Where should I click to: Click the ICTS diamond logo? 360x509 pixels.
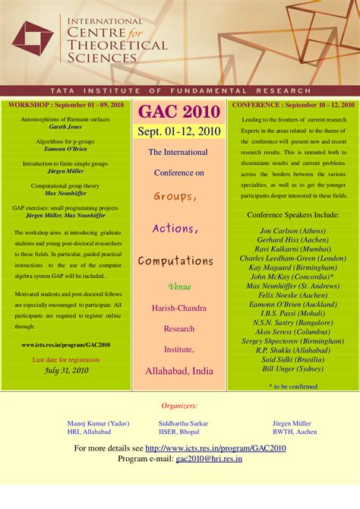coord(33,39)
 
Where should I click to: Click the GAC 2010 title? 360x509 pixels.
coord(180,112)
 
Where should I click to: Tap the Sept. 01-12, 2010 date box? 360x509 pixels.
coord(180,131)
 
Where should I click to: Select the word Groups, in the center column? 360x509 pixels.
coord(175,197)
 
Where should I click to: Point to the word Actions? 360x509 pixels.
coord(175,229)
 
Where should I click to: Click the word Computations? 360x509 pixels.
coord(175,261)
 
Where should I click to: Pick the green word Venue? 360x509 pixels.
coord(179,287)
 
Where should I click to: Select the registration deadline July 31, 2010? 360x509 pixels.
coord(66,371)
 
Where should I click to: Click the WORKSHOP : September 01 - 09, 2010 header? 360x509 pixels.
coord(66,105)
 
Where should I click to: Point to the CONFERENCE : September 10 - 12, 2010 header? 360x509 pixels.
coord(293,105)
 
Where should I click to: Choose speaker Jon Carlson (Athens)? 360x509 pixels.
coord(292,230)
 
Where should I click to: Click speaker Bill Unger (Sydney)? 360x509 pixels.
coord(292,368)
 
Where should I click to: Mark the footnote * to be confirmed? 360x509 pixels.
coord(293,386)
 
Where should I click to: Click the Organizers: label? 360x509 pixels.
coord(180,406)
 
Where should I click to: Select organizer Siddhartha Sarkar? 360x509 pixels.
coord(184,423)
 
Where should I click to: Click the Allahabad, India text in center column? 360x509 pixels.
coord(179,371)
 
